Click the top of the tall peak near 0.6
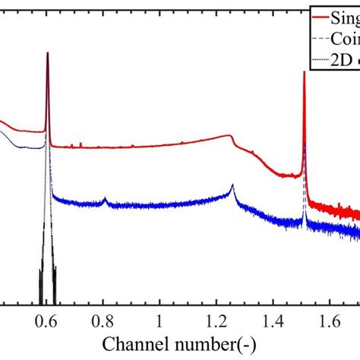47,52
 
